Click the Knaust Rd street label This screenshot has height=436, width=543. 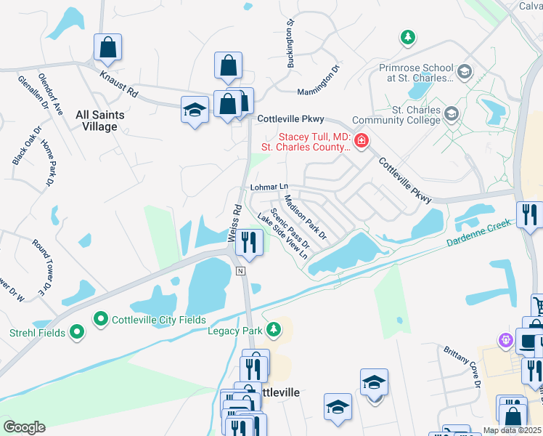tap(118, 82)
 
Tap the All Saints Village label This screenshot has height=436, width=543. tap(99, 121)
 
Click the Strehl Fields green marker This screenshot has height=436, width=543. tap(77, 334)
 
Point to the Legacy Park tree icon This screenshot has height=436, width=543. tap(273, 331)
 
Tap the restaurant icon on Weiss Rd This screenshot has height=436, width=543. tap(250, 243)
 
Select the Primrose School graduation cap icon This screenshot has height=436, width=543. tap(465, 72)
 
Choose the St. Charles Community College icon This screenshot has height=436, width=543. tap(452, 114)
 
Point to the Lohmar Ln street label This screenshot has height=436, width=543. tap(269, 187)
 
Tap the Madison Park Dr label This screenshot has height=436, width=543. tap(306, 217)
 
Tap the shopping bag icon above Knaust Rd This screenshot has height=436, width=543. tap(107, 48)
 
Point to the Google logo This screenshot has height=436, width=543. tap(24, 427)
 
